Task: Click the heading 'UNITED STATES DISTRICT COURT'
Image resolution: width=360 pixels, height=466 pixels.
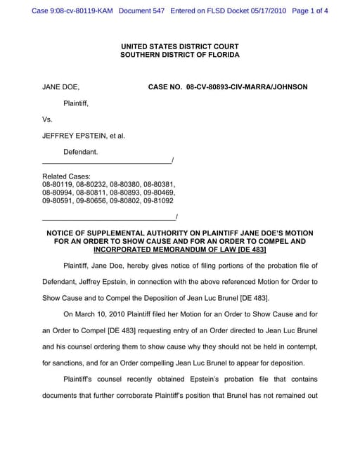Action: [179, 46]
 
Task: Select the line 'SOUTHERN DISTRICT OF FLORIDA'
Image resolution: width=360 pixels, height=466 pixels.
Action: [179, 55]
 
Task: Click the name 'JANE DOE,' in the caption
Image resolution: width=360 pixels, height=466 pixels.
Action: [60, 87]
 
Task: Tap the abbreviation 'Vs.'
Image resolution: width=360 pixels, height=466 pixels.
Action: [48, 119]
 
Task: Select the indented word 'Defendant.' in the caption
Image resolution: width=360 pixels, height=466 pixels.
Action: [81, 152]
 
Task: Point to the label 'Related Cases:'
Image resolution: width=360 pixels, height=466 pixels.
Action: [66, 176]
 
